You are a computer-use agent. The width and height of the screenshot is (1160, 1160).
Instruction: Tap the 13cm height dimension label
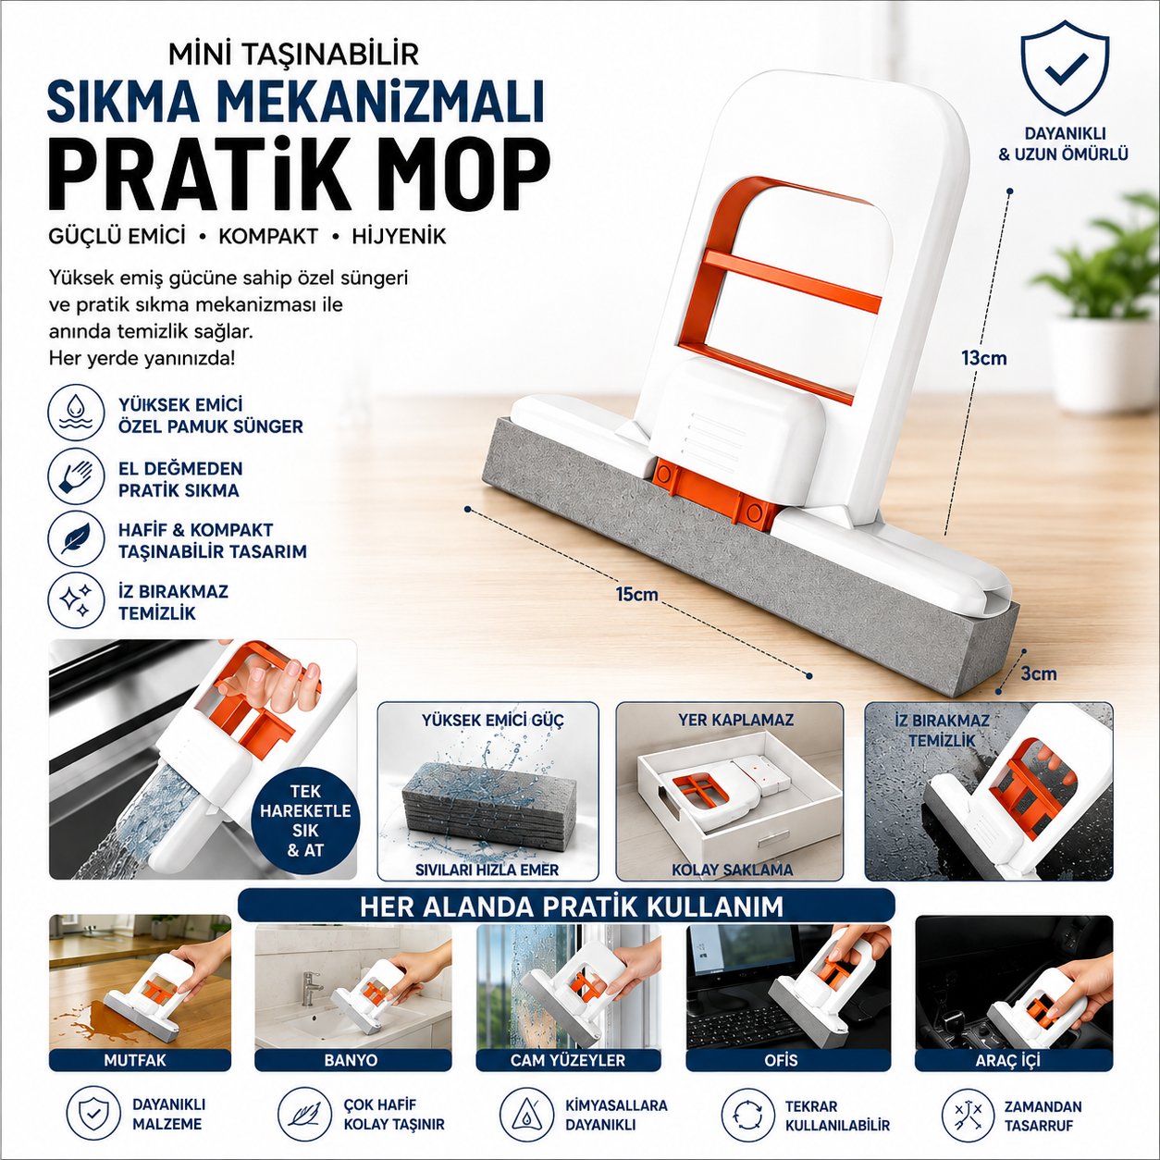click(x=983, y=358)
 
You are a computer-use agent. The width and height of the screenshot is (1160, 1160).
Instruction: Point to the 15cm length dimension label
click(x=636, y=594)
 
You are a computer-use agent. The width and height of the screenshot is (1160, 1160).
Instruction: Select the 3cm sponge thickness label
click(x=1039, y=673)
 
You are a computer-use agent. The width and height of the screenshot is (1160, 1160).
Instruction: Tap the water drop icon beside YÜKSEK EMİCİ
click(x=76, y=413)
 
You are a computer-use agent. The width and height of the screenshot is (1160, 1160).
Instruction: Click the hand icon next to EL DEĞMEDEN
click(x=76, y=475)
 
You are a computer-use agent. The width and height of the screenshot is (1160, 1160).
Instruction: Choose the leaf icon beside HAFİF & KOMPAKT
click(x=76, y=538)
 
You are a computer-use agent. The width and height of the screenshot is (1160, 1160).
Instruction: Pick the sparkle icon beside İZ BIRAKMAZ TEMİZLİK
click(x=76, y=600)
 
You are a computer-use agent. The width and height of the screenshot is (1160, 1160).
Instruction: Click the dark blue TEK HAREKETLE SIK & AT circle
click(x=305, y=820)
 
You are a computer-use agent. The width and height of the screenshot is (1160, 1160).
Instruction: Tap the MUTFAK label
click(x=135, y=1060)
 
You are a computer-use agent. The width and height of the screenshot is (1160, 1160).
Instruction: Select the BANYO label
click(x=351, y=1060)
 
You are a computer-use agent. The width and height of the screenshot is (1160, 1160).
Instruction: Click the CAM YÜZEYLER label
click(x=568, y=1060)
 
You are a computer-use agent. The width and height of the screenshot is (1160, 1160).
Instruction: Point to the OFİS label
click(x=782, y=1060)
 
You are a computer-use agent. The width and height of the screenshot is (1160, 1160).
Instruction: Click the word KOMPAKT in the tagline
click(x=268, y=237)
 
